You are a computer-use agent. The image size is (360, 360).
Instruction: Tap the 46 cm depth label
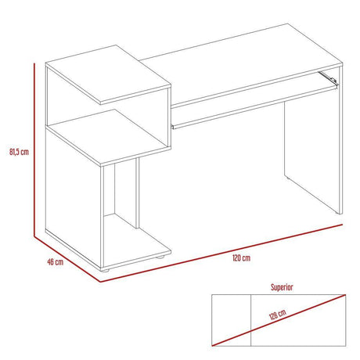55,263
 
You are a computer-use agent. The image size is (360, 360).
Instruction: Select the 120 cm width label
241,257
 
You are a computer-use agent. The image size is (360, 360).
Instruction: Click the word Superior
282,287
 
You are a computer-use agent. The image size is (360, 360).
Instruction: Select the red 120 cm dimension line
227,250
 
